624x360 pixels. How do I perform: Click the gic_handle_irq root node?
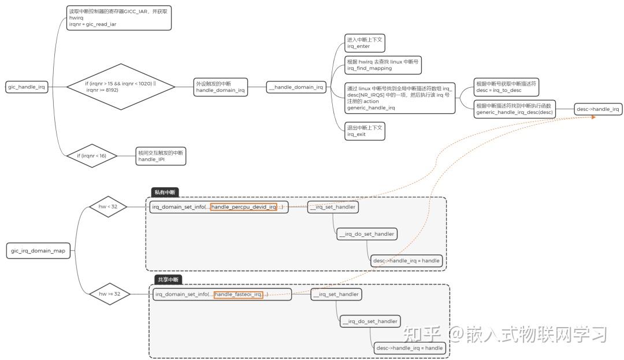27,87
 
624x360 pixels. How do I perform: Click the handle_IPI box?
161,155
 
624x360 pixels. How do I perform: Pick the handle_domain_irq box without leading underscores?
221,87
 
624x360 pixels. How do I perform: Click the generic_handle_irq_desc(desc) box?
514,109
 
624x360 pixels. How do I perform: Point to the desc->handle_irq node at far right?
598,109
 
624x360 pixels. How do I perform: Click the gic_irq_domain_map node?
39,251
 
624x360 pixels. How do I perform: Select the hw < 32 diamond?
107,207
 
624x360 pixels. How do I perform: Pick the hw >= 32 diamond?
109,294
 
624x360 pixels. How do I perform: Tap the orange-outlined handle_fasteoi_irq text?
238,295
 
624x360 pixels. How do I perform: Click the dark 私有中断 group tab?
165,192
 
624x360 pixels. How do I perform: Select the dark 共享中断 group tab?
168,280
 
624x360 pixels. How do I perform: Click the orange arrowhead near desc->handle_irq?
592,117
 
